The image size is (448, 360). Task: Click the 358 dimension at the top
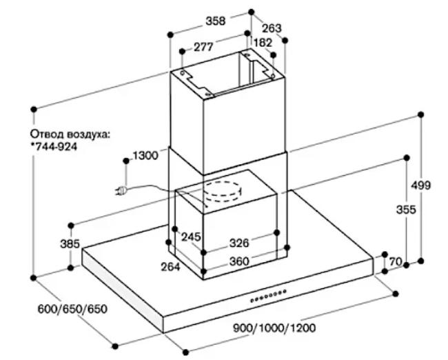pos(216,21)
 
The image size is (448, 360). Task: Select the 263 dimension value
pos(272,28)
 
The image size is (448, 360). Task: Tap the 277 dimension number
pos(204,47)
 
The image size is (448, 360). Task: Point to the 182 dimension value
pos(263,43)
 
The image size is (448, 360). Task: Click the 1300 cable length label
pos(145,156)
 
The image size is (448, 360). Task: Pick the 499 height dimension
pos(420,186)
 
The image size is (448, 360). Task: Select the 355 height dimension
pos(406,210)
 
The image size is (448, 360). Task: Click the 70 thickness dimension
pos(396,261)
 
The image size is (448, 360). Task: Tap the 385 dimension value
pos(70,244)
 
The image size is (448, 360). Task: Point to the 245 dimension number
pos(192,237)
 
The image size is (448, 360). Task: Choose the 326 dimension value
pos(239,243)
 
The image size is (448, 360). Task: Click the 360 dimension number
pos(239,261)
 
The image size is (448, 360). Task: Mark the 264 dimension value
pos(170,267)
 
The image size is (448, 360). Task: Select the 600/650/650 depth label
pos(72,309)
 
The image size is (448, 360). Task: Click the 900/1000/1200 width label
pos(274,328)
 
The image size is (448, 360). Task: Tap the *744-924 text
pos(54,147)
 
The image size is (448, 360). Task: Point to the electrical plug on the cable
pos(121,190)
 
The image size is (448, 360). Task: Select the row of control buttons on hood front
pos(268,296)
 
